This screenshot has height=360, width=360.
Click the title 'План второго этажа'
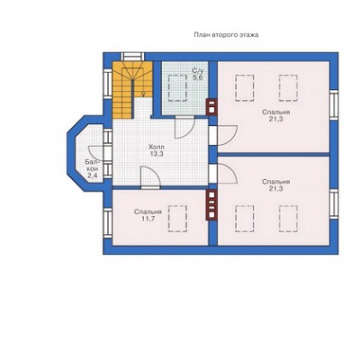click(226, 35)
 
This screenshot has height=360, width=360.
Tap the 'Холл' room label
click(157, 147)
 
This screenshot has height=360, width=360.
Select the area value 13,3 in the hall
click(157, 154)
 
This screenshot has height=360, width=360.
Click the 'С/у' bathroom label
click(198, 71)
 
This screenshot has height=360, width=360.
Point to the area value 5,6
click(198, 77)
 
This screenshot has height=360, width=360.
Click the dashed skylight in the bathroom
click(177, 88)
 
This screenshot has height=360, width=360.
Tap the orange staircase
click(132, 89)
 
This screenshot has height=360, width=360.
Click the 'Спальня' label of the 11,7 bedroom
click(148, 211)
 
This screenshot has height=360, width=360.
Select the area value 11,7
click(148, 219)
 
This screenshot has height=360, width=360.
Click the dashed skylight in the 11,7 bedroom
click(177, 219)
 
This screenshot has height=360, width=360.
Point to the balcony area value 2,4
click(92, 175)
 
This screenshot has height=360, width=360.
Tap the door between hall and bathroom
click(184, 127)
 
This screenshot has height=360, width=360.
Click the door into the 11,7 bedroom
click(151, 176)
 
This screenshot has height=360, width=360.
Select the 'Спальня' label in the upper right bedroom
click(275, 112)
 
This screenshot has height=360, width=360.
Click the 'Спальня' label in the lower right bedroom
click(275, 182)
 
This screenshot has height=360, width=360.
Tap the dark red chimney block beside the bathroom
click(211, 107)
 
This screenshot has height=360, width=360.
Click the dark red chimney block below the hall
click(211, 205)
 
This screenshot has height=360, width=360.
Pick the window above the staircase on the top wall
click(132, 57)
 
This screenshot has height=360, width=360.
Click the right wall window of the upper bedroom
click(334, 104)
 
